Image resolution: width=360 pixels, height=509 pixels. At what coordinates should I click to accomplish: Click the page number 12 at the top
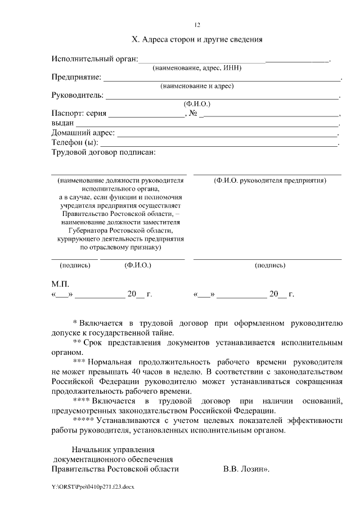[x=197, y=25]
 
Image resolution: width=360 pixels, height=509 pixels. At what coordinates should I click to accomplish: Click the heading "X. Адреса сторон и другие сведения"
[x=197, y=40]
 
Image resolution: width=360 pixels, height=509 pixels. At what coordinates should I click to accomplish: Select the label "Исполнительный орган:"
[x=94, y=59]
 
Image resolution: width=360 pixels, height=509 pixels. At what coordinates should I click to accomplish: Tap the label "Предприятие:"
[x=76, y=77]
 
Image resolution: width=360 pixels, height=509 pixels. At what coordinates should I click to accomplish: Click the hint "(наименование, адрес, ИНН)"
[x=197, y=68]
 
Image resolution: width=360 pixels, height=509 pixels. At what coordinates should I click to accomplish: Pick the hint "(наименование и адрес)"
[x=197, y=86]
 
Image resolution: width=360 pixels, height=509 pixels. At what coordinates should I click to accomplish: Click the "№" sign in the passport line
[x=193, y=113]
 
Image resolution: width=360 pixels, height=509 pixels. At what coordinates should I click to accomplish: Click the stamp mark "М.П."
[x=60, y=284]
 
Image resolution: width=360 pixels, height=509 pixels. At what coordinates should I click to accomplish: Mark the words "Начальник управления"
[x=113, y=449]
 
